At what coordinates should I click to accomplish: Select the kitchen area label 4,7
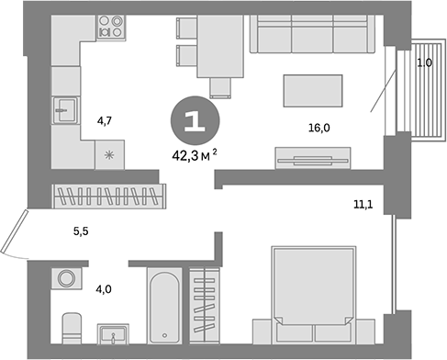tap(104, 118)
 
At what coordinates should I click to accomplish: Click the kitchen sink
tap(65, 113)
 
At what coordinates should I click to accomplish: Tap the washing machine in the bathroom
tap(65, 279)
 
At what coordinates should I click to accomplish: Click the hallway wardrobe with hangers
tap(109, 196)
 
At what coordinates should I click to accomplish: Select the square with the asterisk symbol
tap(110, 154)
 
